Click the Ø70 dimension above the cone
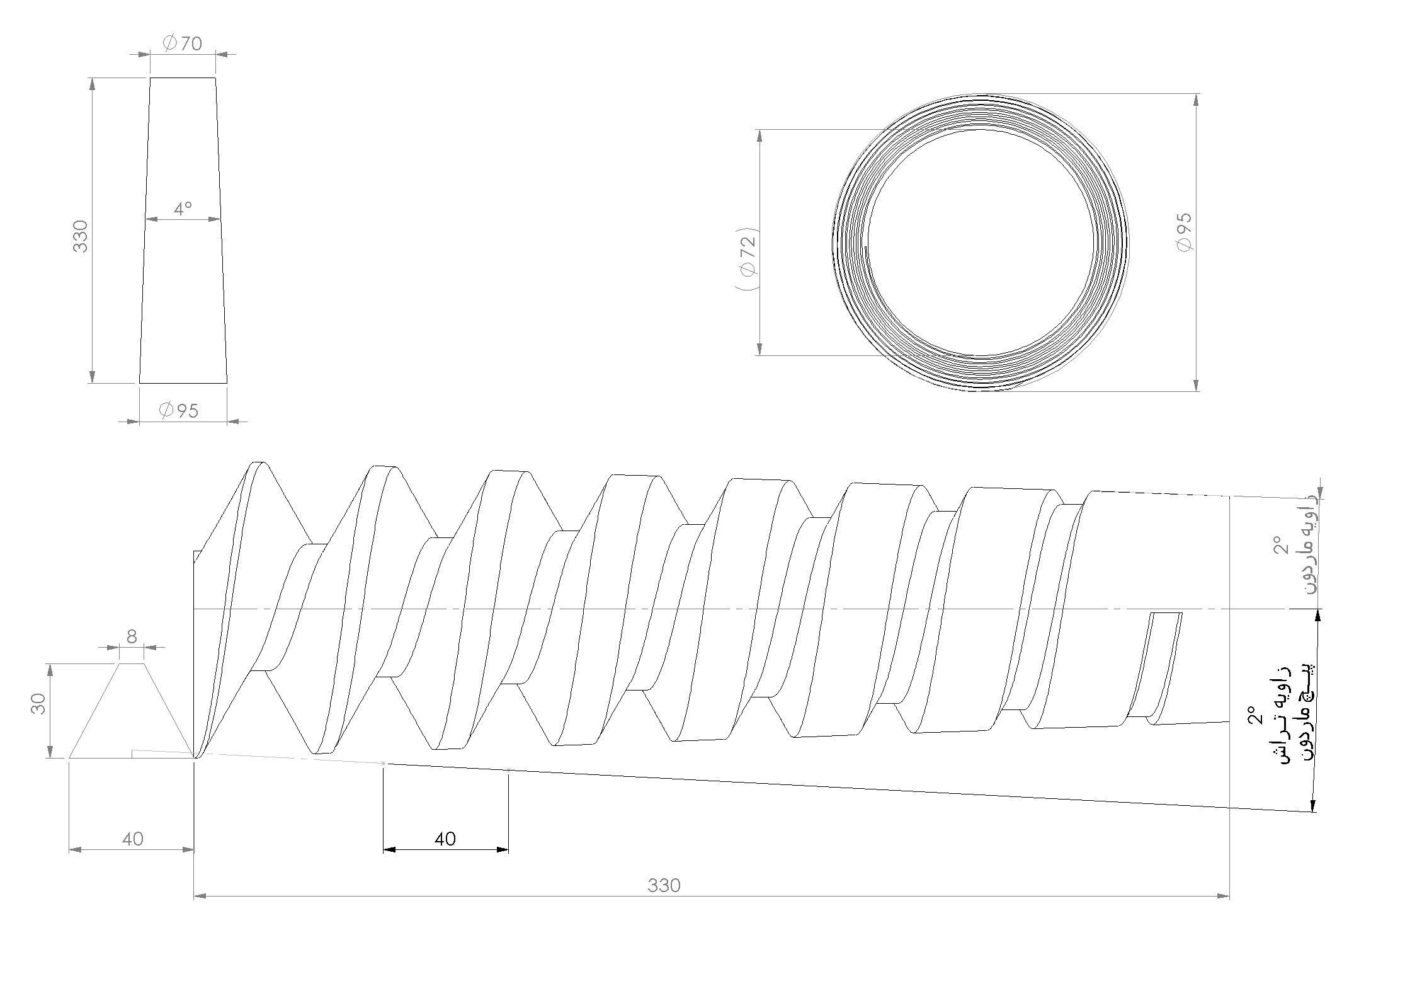pyautogui.click(x=183, y=43)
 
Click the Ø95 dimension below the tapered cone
pyautogui.click(x=179, y=411)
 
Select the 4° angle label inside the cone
pyautogui.click(x=183, y=209)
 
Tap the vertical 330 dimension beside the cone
pyautogui.click(x=81, y=236)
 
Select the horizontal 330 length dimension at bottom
pyautogui.click(x=664, y=886)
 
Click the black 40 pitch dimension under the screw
pyautogui.click(x=445, y=839)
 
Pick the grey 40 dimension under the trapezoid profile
pyautogui.click(x=132, y=839)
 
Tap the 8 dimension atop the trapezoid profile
pyautogui.click(x=132, y=637)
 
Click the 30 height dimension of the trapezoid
pyautogui.click(x=39, y=703)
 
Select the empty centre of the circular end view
pyautogui.click(x=981, y=243)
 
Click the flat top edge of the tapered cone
pyautogui.click(x=183, y=78)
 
